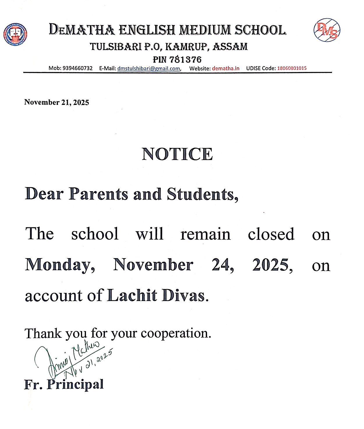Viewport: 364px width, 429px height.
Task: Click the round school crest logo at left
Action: [x=15, y=34]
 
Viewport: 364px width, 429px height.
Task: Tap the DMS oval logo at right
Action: [x=327, y=30]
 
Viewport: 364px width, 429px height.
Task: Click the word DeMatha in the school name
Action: [x=82, y=30]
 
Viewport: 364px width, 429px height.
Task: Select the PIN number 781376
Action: [x=185, y=60]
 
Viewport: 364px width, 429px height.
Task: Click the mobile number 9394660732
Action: [x=77, y=68]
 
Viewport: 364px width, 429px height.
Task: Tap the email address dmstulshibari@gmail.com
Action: [x=149, y=68]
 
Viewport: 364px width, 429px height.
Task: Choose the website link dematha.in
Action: [x=226, y=68]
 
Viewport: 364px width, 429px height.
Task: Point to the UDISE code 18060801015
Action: [x=292, y=68]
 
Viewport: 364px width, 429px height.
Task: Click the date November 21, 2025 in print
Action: [x=56, y=102]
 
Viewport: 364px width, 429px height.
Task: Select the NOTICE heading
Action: [x=177, y=154]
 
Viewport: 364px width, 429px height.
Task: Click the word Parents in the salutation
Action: [x=98, y=194]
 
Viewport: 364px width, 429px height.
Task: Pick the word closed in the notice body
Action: [x=271, y=234]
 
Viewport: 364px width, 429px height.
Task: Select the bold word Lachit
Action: [x=132, y=296]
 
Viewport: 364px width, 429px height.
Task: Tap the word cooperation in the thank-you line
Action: [x=176, y=333]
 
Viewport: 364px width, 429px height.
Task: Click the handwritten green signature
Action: [x=73, y=359]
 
